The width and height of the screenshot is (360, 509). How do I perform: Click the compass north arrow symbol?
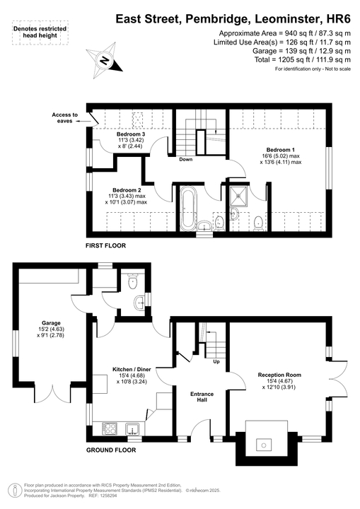pos(104,61)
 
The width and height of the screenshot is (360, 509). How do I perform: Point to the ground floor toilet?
pos(132,281)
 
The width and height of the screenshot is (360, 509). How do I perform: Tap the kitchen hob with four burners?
pos(111,428)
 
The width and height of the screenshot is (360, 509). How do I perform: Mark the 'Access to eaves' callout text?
pos(65,117)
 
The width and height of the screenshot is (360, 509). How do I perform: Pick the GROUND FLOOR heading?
pos(110,450)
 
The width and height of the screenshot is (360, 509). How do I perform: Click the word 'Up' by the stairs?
pos(216,361)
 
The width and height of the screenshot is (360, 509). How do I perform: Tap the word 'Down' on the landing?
pos(185,159)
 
